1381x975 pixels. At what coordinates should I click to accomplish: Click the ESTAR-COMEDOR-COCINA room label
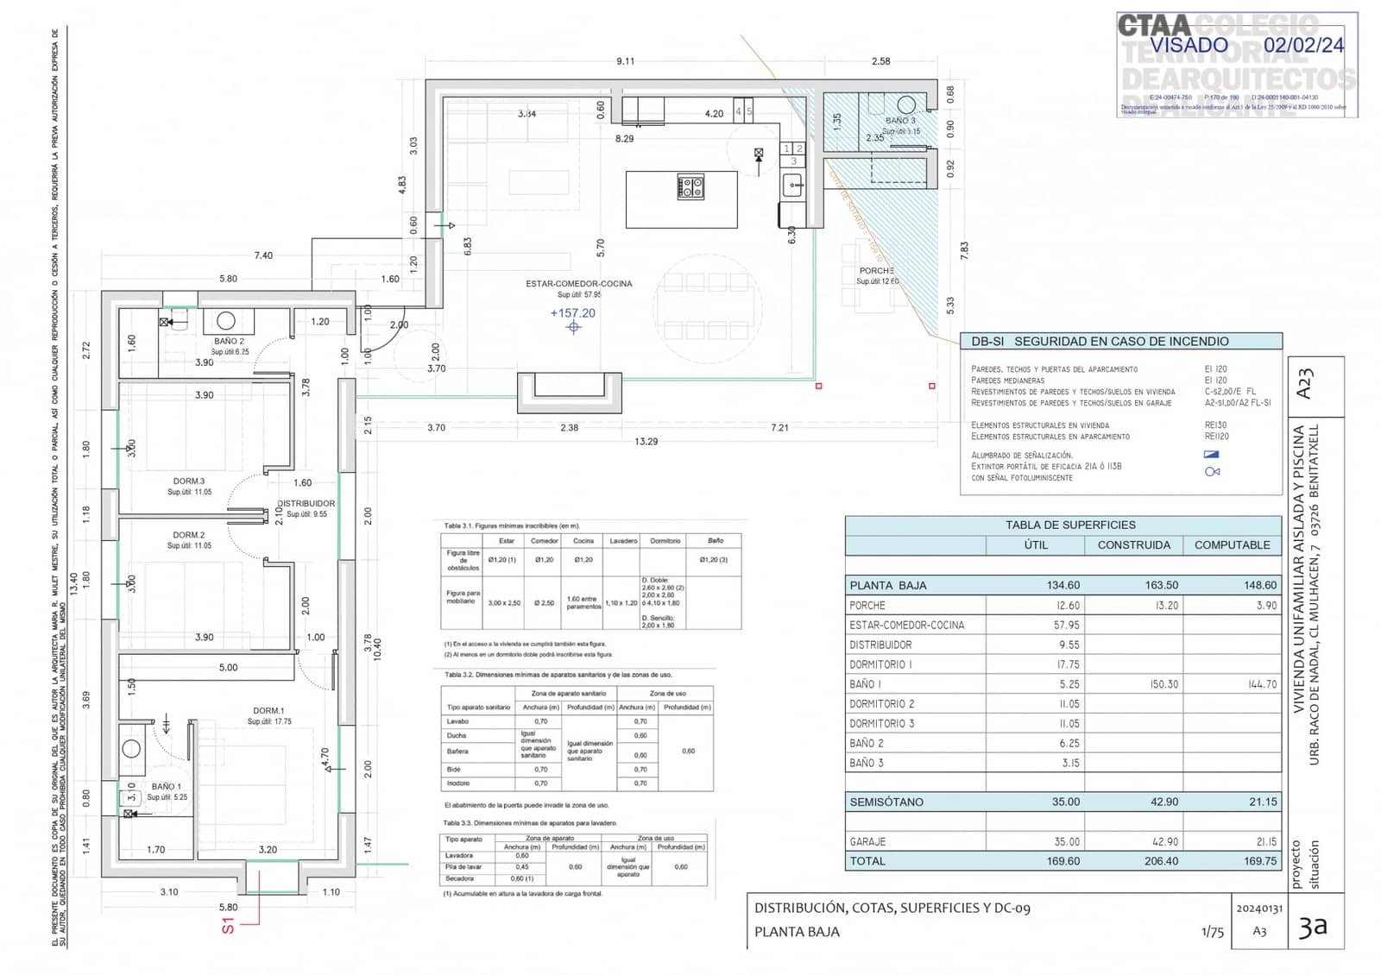click(x=578, y=283)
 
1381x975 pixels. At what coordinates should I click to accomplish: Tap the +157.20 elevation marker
click(x=573, y=313)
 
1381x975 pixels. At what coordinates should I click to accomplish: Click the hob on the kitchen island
click(x=690, y=187)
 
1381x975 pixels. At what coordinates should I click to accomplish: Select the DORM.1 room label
click(x=268, y=711)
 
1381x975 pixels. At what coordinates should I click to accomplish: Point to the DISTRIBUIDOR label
click(x=306, y=503)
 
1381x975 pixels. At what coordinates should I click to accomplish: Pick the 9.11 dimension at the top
click(x=625, y=61)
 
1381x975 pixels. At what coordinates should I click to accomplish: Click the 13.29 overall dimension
click(x=646, y=441)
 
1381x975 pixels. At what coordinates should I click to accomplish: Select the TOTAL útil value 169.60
click(x=1063, y=861)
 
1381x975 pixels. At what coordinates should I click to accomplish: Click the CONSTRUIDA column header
click(x=1133, y=545)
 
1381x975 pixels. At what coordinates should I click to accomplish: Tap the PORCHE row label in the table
click(x=867, y=606)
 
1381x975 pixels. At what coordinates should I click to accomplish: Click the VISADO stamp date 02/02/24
click(x=1303, y=46)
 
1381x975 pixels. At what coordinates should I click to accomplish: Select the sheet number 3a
click(x=1312, y=928)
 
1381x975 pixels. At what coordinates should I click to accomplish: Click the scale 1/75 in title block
click(x=1212, y=932)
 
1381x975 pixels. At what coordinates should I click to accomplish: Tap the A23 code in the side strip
click(x=1304, y=383)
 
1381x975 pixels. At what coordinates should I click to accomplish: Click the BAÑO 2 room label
click(x=229, y=342)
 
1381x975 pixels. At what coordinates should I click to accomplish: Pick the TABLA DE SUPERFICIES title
click(x=1069, y=525)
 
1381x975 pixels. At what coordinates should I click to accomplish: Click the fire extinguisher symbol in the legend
click(x=1212, y=471)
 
